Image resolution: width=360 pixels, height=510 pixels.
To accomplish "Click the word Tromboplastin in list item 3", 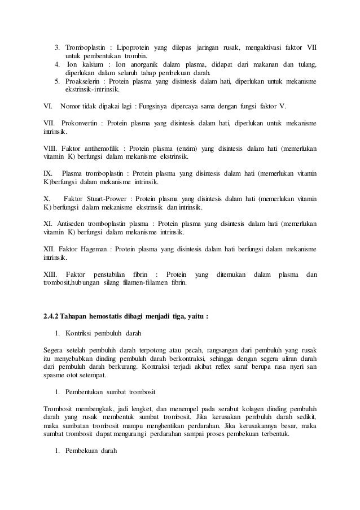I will (x=84, y=46).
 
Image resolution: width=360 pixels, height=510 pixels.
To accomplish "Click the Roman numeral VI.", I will (x=48, y=106).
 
